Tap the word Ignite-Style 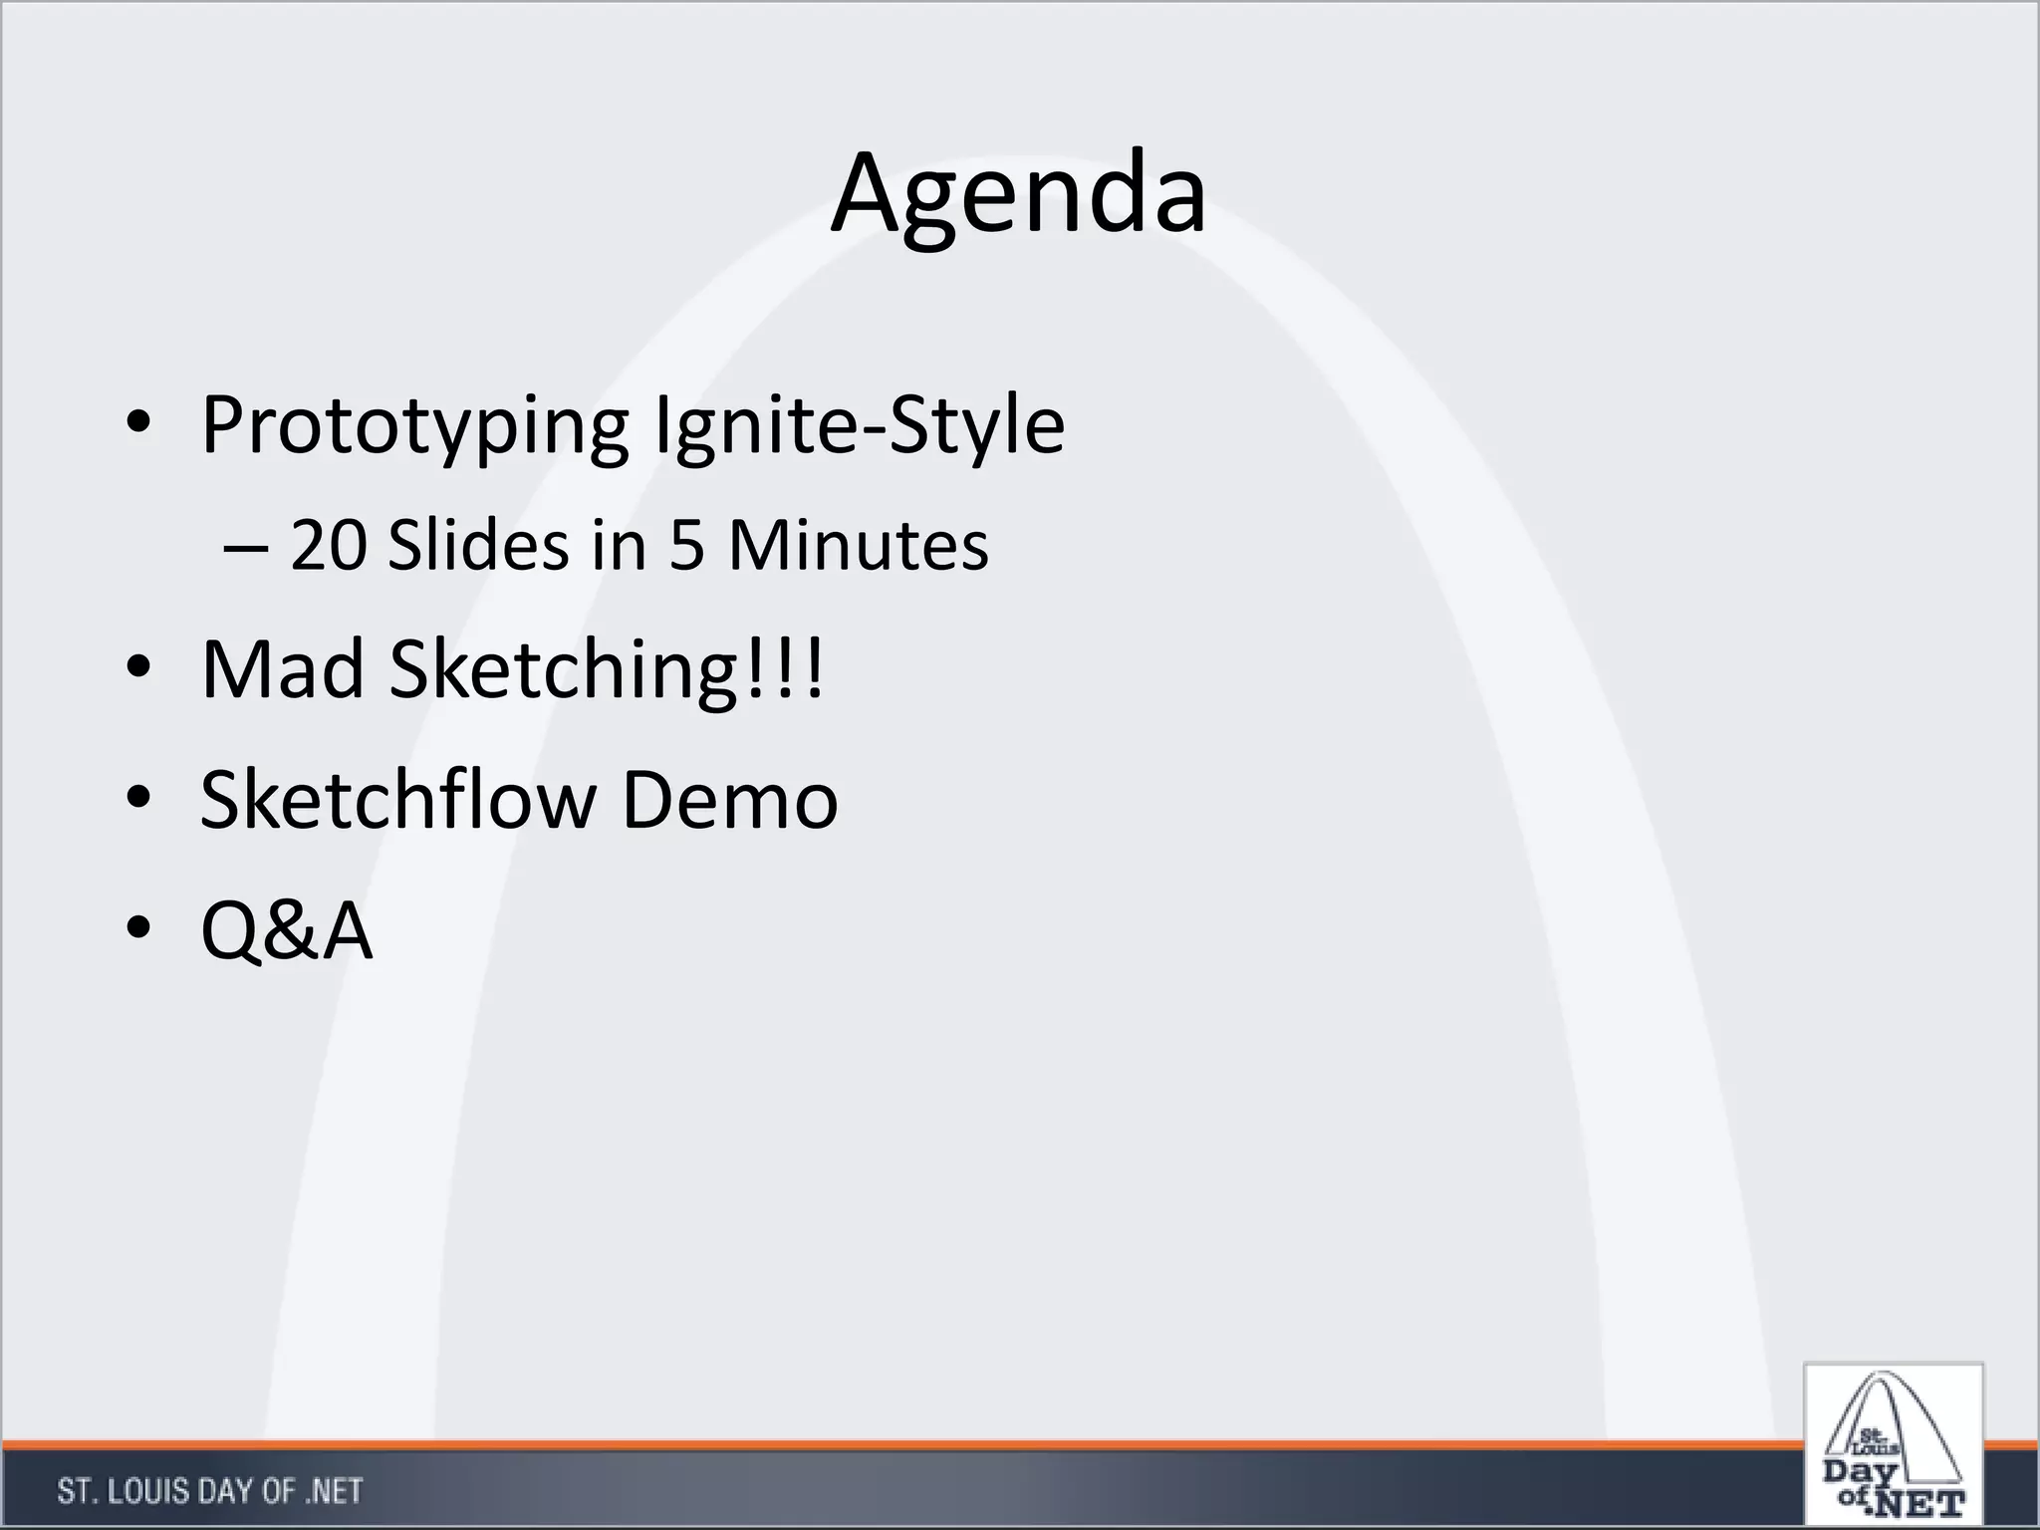point(859,426)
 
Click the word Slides point(478,546)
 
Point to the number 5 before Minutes point(686,546)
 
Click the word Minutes point(858,546)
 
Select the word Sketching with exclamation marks point(607,669)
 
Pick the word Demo point(729,800)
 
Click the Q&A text point(287,930)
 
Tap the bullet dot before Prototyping point(138,426)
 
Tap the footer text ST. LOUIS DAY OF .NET point(209,1491)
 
